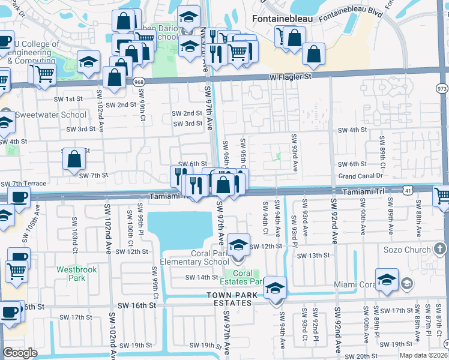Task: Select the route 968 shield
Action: click(139, 82)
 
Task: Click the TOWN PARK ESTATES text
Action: click(230, 299)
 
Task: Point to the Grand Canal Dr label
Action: click(360, 176)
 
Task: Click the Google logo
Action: click(20, 353)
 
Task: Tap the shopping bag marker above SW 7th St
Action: click(74, 160)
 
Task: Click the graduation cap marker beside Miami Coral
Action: click(387, 280)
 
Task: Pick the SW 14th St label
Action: click(201, 277)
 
